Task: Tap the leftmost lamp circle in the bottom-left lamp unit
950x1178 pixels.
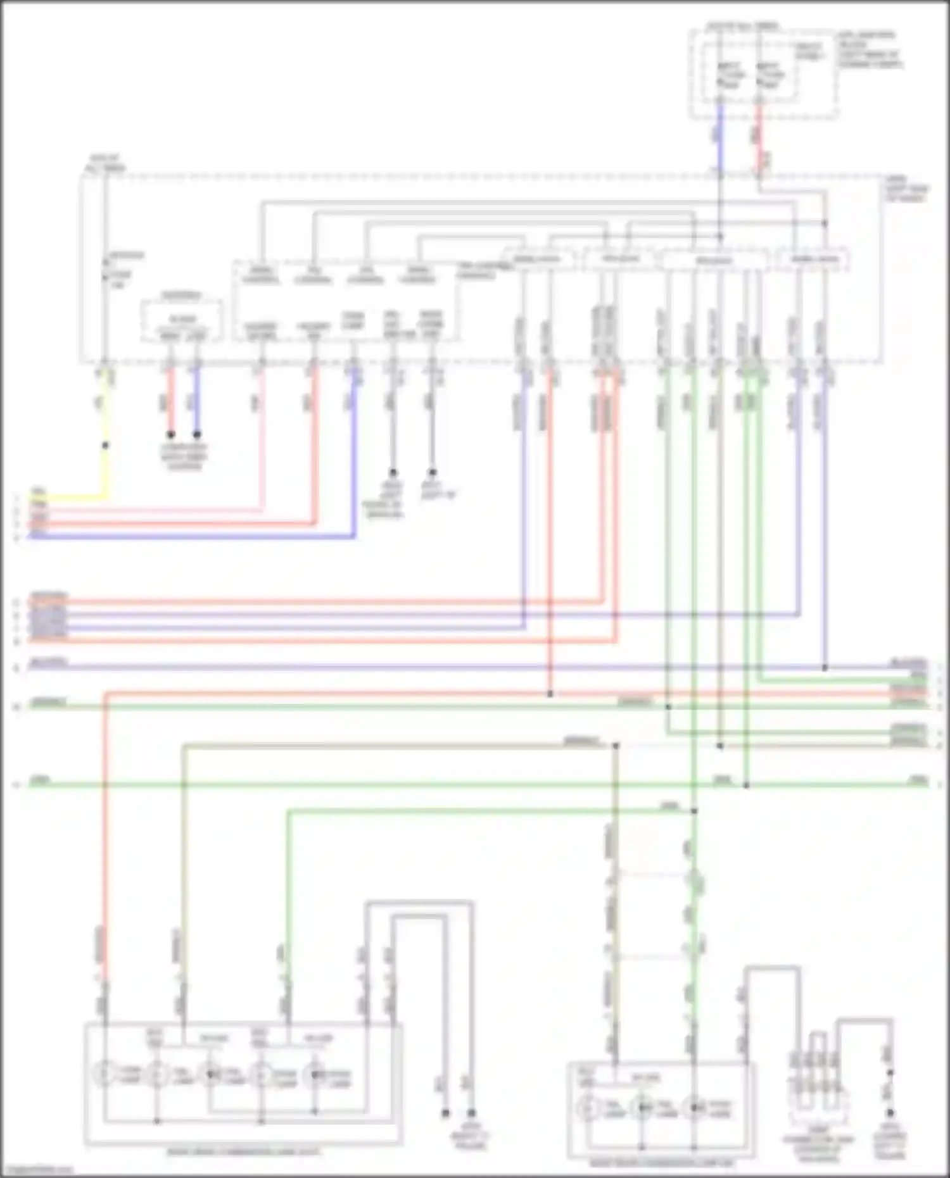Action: coord(104,1074)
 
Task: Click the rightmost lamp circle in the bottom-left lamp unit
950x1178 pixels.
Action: coord(315,1074)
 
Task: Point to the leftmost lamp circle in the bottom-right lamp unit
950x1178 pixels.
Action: coord(588,1108)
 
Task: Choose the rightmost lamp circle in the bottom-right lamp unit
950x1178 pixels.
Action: coord(694,1108)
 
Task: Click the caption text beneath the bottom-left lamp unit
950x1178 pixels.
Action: coord(244,1151)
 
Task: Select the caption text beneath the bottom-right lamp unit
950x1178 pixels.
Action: coord(662,1163)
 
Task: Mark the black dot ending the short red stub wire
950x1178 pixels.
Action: coord(170,435)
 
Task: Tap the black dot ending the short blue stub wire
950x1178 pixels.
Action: coord(197,435)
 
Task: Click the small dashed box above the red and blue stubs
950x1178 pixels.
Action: coord(182,322)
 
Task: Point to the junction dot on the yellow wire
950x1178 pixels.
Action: coord(105,446)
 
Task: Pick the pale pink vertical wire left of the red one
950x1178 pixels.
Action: coord(261,443)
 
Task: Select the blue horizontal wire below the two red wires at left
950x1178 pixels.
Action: coord(190,537)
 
